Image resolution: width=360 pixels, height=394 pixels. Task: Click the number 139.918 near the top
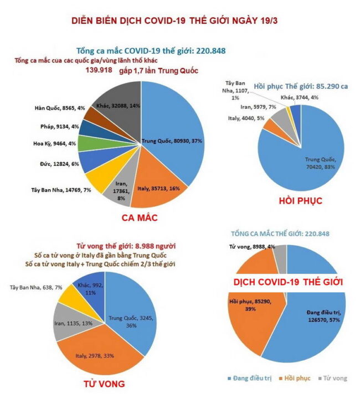(x=99, y=70)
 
